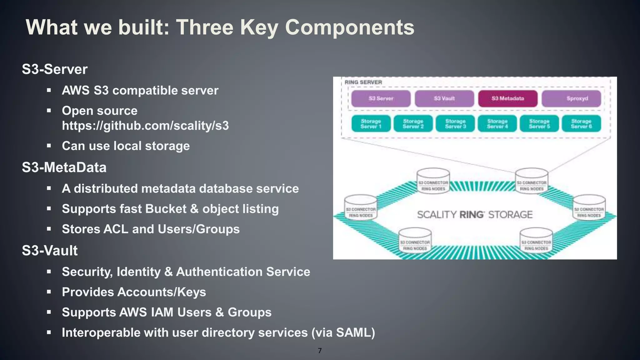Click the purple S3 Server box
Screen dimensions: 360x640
381,98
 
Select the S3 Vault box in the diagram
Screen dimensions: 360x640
444,98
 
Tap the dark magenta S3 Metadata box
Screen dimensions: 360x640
507,98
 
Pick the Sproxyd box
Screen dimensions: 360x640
571,98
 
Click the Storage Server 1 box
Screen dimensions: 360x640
371,123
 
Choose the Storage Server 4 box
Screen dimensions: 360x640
497,123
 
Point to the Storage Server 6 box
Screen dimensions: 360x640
581,123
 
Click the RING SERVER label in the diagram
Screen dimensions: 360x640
363,82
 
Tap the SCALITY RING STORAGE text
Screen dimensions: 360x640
475,215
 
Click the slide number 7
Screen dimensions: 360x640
320,351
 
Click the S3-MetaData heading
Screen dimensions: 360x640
64,167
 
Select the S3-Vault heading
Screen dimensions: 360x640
50,251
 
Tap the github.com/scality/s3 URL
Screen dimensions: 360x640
145,126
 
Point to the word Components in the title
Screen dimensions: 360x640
350,27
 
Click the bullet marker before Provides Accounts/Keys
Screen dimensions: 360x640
49,292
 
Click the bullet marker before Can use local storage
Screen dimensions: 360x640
49,146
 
